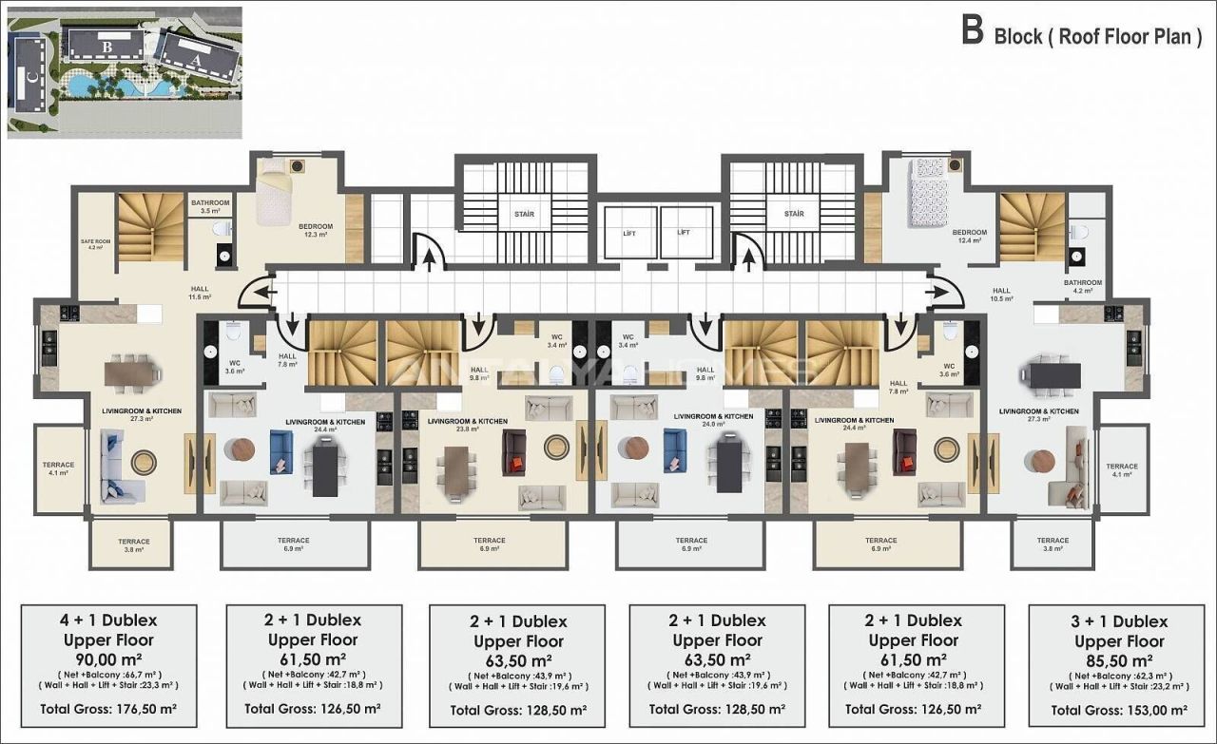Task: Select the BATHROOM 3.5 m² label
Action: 210,206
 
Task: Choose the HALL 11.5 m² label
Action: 198,293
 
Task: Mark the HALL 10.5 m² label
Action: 1001,295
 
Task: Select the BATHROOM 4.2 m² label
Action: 1082,286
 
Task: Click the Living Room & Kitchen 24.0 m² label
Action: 713,420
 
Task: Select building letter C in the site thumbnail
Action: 31,79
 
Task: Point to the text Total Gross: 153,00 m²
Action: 1120,709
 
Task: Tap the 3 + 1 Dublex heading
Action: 1120,621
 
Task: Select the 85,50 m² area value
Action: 1120,660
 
